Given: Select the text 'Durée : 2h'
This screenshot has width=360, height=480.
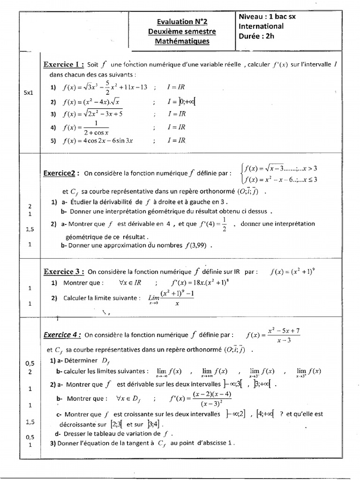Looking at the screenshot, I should (256, 36).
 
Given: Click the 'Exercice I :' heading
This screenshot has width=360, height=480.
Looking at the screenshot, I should (64, 64).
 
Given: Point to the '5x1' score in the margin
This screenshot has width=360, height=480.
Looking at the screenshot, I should (29, 93).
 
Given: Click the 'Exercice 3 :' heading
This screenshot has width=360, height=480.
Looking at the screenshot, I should (64, 271).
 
